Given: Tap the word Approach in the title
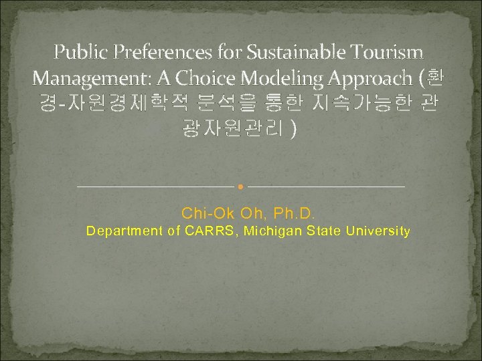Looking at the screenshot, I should (x=370, y=78).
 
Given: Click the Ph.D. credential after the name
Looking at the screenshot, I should (x=295, y=214).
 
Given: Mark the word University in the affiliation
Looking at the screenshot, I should (x=380, y=232).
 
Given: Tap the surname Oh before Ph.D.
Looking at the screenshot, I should (x=254, y=214).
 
